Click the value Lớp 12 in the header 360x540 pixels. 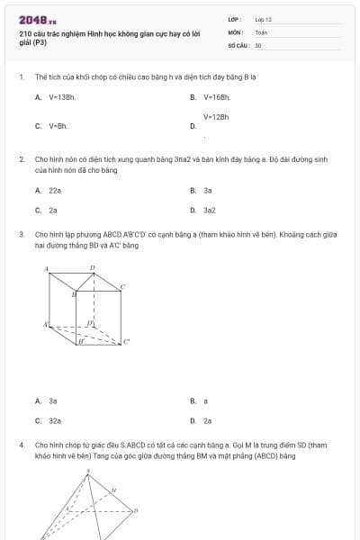tap(263, 19)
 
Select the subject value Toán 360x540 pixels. tap(261, 31)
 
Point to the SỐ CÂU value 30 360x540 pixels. tap(258, 44)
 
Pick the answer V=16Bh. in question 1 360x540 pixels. tap(218, 96)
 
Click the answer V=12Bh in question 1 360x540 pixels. tap(216, 117)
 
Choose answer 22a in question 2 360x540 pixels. tap(55, 191)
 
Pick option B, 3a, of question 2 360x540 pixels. tap(208, 191)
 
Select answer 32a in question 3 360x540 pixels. tap(55, 420)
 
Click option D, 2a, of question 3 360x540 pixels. tap(208, 420)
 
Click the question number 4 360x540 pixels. tap(21, 445)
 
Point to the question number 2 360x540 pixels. tap(21, 158)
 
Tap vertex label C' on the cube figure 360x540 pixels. tap(127, 340)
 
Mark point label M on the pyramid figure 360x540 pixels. tap(112, 490)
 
